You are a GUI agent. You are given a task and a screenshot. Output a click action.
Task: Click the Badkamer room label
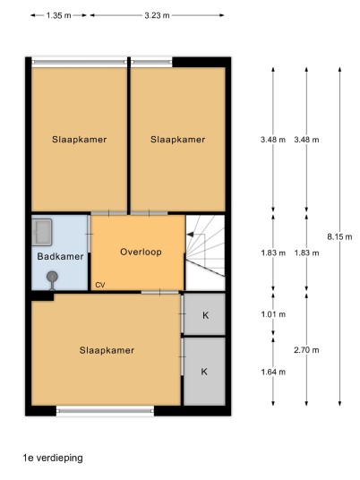coord(60,256)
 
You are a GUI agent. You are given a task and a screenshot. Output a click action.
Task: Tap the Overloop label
coord(141,252)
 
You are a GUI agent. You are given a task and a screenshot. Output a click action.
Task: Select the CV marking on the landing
coord(100,285)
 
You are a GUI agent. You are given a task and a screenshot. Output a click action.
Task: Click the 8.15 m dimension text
coord(339,236)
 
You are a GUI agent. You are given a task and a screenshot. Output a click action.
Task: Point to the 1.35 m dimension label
coord(58,15)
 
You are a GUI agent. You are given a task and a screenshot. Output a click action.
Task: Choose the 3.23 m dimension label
coord(157,15)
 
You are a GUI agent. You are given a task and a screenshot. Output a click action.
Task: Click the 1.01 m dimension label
coord(273,314)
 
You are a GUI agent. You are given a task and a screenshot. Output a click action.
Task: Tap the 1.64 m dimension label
coord(273,372)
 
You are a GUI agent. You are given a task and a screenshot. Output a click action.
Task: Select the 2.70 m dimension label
coord(306,350)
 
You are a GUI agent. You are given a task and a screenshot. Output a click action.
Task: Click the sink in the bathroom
coord(42,232)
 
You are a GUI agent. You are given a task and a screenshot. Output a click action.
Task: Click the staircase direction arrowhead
coord(190,235)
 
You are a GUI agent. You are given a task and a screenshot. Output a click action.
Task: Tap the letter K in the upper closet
coord(205,315)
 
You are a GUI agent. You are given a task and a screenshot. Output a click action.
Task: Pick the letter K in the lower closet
coord(204,372)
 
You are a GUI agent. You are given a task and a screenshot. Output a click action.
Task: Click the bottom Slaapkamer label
coord(107,350)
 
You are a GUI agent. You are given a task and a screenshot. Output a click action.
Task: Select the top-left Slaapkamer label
coord(80,140)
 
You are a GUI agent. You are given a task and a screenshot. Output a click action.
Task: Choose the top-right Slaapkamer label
coord(178,140)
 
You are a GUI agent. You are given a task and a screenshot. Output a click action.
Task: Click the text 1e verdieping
coord(53,458)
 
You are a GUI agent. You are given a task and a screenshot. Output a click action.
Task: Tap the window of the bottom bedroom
coord(105,410)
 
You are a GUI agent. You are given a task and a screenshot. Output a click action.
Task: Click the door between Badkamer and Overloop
coord(89,235)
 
